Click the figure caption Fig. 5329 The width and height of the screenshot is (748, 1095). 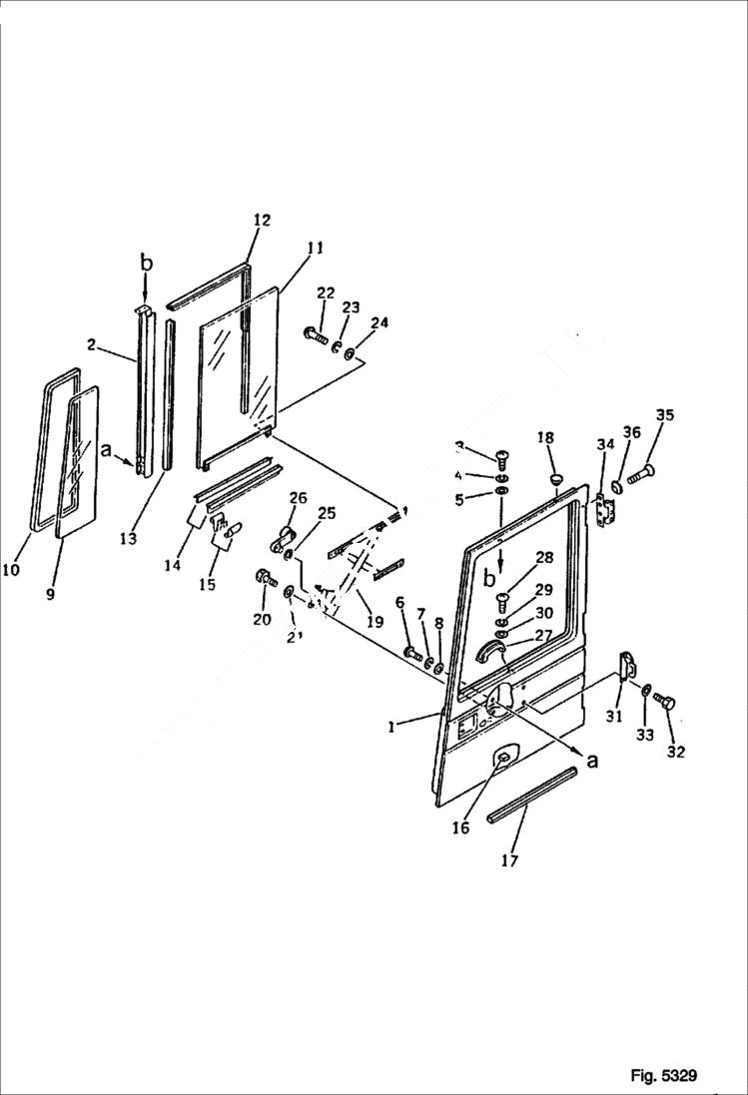click(663, 1075)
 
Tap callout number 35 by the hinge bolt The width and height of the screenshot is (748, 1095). click(664, 415)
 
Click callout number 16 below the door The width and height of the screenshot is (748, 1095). click(460, 828)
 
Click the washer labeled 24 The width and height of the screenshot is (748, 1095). click(349, 354)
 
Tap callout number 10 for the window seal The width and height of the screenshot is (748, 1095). click(10, 571)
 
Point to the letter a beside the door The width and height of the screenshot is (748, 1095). click(593, 761)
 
